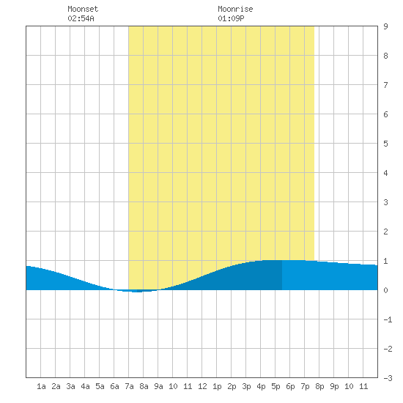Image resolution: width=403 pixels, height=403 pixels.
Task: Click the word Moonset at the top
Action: tap(83, 9)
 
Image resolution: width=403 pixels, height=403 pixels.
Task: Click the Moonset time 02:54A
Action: tap(81, 18)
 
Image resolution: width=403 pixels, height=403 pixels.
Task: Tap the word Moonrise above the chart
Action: tap(235, 9)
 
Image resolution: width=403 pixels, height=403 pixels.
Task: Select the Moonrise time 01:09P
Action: tap(231, 18)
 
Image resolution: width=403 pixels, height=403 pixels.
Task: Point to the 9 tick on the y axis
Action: tap(385, 26)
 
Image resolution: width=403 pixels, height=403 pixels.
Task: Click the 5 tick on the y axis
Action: tap(385, 144)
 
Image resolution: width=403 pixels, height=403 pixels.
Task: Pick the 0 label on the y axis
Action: tap(385, 290)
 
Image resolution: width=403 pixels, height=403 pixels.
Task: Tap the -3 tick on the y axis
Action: tap(388, 378)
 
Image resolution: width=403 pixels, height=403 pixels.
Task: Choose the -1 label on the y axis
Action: tap(388, 319)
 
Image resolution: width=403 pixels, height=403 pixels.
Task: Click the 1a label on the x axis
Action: tap(41, 386)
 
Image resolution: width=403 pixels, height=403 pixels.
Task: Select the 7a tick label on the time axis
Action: tap(129, 386)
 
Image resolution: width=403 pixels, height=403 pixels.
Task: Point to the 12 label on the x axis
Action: tap(202, 386)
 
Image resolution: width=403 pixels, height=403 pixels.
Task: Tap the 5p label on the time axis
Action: tap(276, 386)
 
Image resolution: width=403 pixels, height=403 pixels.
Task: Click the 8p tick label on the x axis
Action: tap(319, 386)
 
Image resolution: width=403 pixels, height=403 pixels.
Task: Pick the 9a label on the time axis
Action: tap(158, 386)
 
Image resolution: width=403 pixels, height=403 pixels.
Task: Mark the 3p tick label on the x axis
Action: tap(246, 386)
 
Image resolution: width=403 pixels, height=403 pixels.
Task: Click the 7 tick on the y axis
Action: tap(385, 85)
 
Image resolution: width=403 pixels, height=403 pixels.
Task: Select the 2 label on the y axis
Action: tap(385, 232)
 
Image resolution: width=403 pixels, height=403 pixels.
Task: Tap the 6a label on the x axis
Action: tap(114, 386)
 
